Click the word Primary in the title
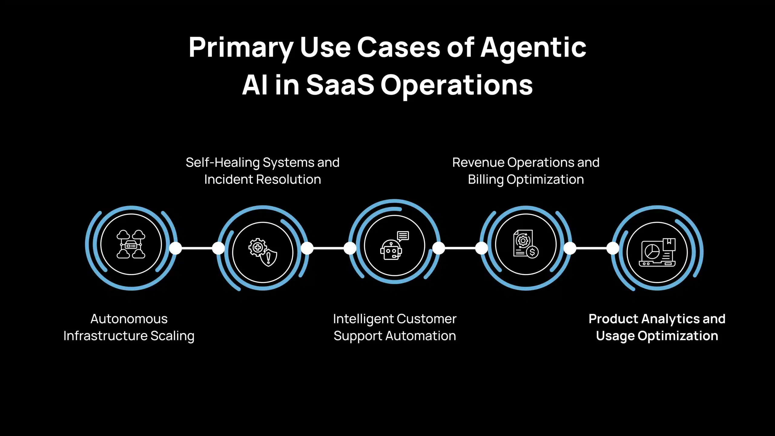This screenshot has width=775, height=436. [241, 48]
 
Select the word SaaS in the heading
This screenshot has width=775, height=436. [340, 85]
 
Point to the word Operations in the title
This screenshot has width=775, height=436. [457, 86]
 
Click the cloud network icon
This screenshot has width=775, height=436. [131, 244]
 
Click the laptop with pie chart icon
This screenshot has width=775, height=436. [657, 252]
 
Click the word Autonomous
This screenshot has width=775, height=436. [129, 319]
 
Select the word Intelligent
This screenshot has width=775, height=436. [363, 319]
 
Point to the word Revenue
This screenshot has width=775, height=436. [478, 163]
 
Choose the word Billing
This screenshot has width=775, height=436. [486, 180]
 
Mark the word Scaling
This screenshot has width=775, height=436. [173, 336]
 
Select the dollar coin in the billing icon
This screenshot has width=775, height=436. [532, 252]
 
